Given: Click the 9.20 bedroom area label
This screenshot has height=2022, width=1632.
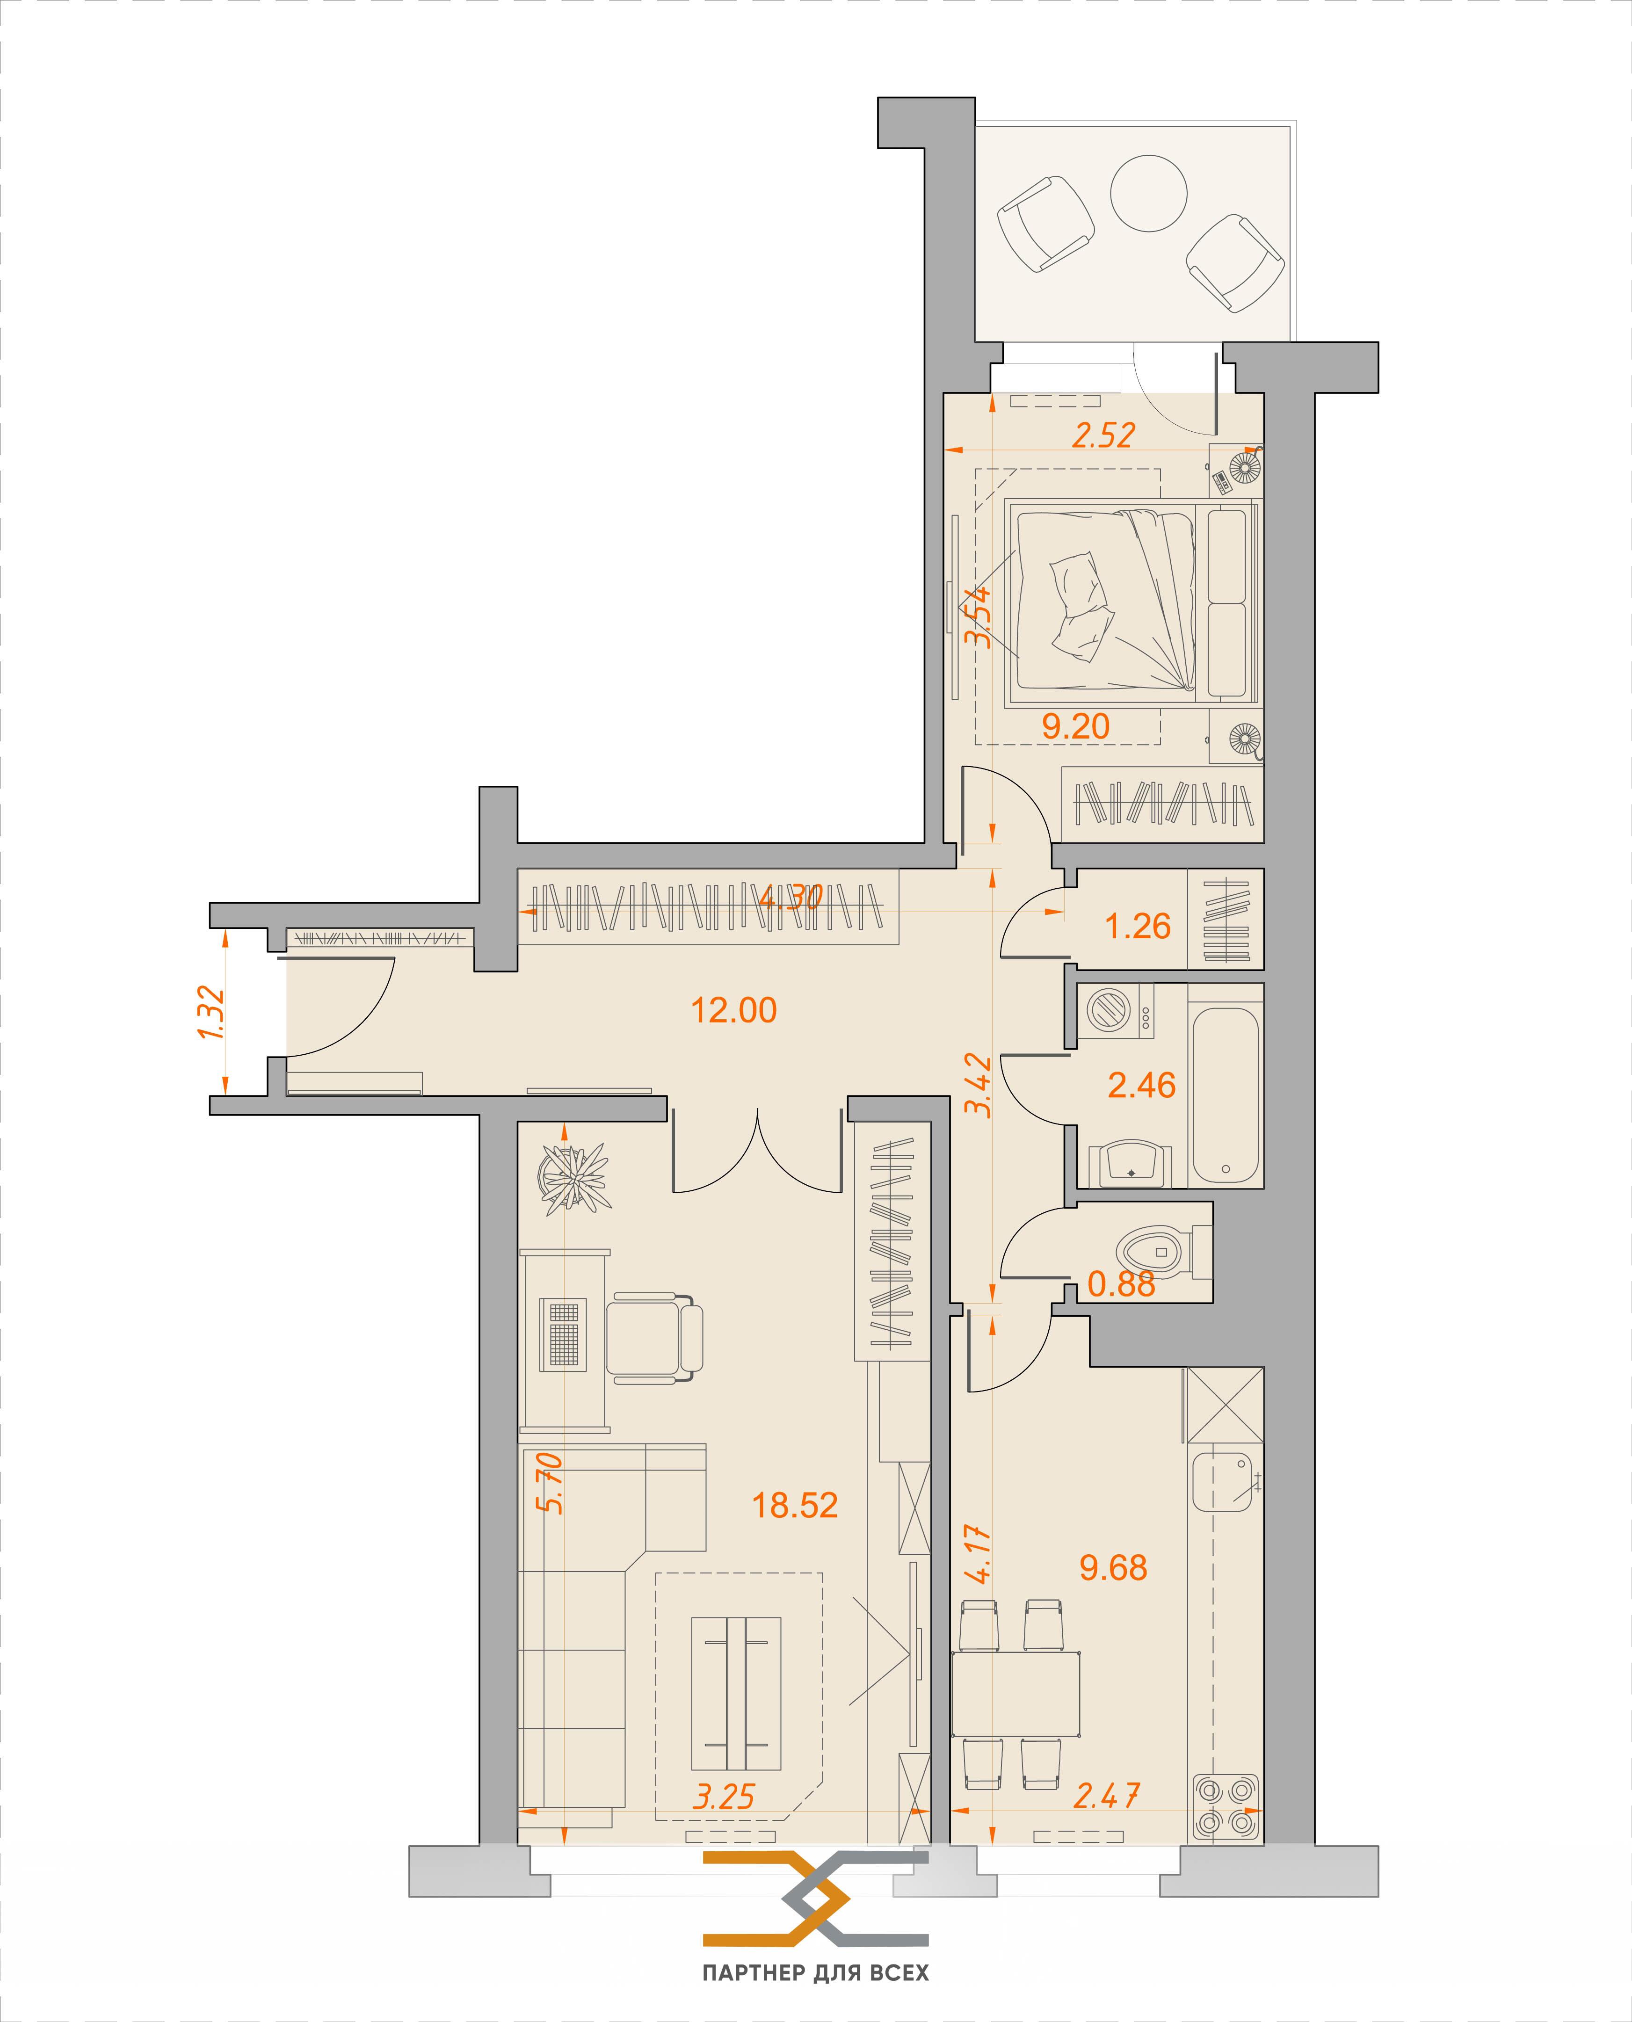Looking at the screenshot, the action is point(1075,726).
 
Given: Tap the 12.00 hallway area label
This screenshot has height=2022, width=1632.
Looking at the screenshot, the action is point(733,1010).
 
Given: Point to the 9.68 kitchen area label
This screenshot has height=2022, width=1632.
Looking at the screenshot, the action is point(1113,1568).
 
